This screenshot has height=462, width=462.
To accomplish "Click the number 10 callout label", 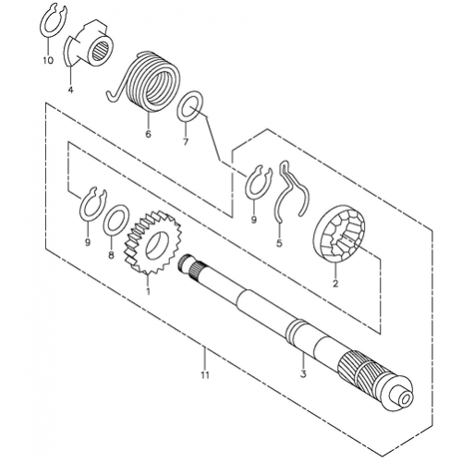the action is click(48, 61).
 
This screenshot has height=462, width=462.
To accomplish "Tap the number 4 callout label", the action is click(71, 90).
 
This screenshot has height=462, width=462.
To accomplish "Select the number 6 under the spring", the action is click(148, 134).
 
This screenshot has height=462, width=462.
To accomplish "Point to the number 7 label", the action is click(186, 142).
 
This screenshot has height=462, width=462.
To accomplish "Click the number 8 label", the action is click(111, 255).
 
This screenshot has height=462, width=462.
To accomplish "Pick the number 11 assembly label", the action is click(205, 375).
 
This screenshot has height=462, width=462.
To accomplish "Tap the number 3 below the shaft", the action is click(303, 374).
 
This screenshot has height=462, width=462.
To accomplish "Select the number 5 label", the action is click(279, 243).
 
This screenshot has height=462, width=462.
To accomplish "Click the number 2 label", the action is click(335, 284).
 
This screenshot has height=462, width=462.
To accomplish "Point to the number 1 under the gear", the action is click(148, 291).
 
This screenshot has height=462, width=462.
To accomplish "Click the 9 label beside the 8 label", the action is click(88, 243).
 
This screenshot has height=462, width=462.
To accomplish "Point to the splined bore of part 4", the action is click(100, 50).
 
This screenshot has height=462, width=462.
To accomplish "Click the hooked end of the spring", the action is click(114, 92).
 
